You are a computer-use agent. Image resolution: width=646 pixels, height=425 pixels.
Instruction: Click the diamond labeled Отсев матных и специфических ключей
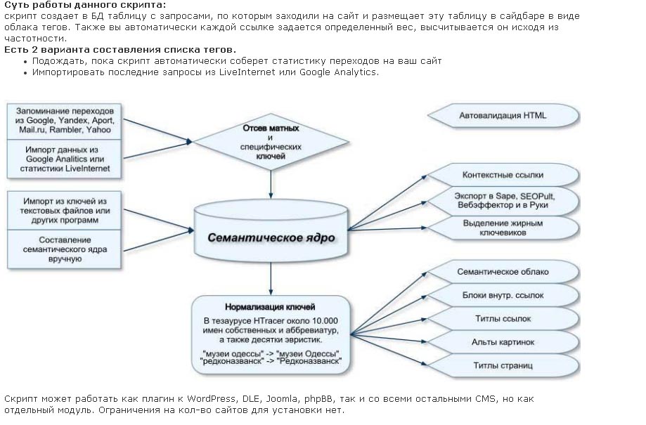pyautogui.click(x=271, y=143)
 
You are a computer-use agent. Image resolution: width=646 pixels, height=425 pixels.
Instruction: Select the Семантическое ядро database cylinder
pyautogui.click(x=271, y=237)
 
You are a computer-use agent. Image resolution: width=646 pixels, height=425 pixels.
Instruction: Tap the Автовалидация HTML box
pyautogui.click(x=503, y=116)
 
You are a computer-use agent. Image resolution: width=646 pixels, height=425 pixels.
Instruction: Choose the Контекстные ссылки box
pyautogui.click(x=503, y=175)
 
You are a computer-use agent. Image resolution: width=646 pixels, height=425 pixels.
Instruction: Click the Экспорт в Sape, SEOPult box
pyautogui.click(x=503, y=201)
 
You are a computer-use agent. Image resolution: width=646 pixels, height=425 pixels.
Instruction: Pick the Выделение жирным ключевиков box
pyautogui.click(x=503, y=227)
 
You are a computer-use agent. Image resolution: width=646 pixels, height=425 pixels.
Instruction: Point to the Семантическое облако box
pyautogui.click(x=503, y=271)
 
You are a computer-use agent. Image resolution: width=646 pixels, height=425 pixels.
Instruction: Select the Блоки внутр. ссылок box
pyautogui.click(x=503, y=295)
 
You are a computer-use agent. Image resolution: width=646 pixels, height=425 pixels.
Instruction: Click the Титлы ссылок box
pyautogui.click(x=503, y=318)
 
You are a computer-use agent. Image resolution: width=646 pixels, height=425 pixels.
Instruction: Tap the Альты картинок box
pyautogui.click(x=503, y=342)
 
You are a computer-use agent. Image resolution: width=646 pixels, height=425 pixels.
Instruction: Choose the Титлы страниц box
pyautogui.click(x=503, y=365)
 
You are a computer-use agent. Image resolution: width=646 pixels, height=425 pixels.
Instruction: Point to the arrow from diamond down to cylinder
pyautogui.click(x=271, y=184)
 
